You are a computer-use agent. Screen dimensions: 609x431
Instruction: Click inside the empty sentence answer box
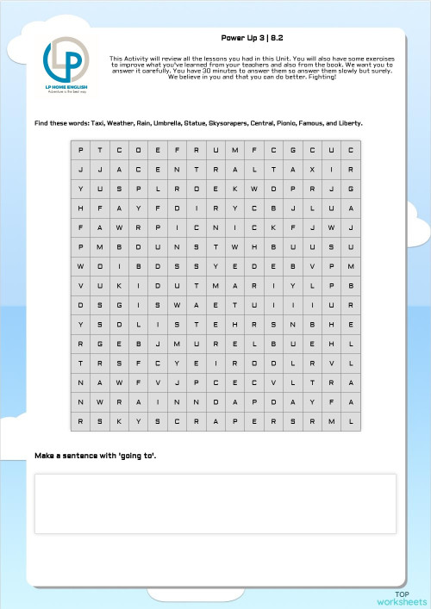(x=215, y=503)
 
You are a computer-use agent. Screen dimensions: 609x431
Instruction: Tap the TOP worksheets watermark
(x=402, y=598)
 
